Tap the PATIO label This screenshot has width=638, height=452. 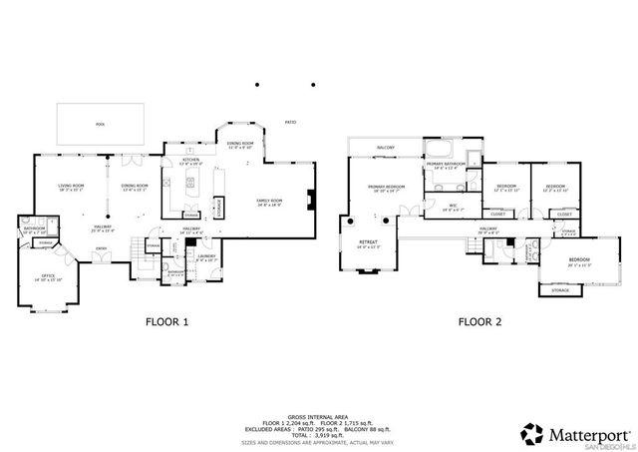(x=291, y=122)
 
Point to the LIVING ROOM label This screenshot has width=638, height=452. (x=71, y=187)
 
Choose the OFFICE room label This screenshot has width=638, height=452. (x=47, y=278)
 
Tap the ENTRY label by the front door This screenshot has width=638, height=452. (x=101, y=249)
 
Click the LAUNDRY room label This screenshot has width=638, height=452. (x=206, y=256)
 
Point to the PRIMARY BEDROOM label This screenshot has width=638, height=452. (x=386, y=187)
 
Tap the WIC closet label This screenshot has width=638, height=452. (x=452, y=207)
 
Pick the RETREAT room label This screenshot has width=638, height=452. (x=369, y=241)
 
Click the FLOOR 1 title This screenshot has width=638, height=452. (x=166, y=321)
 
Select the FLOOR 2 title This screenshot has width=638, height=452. (x=479, y=321)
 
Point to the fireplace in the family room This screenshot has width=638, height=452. (x=312, y=198)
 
